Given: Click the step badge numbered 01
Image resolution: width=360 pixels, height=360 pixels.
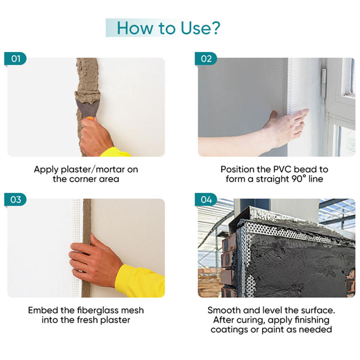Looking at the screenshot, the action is [x=15, y=59].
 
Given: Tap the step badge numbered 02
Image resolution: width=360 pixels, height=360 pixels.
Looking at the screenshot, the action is [x=206, y=59].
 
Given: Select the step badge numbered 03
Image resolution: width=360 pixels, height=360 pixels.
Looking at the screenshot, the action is [x=15, y=199].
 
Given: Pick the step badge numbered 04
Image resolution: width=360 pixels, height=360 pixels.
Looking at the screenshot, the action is [x=206, y=199].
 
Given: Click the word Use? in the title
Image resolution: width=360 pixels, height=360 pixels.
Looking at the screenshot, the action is [x=200, y=28].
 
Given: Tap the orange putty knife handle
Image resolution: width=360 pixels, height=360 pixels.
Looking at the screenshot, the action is [x=90, y=118].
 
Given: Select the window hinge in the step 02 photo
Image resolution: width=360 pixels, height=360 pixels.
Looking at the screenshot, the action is [x=324, y=82].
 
